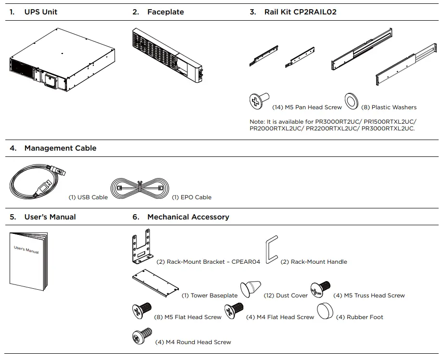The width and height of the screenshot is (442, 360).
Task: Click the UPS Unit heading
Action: click(x=40, y=12)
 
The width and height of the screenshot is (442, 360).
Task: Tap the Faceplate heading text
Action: click(x=165, y=12)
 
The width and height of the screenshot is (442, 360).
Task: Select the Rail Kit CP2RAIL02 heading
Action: click(x=300, y=12)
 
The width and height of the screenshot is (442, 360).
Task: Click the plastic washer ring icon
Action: click(x=351, y=100)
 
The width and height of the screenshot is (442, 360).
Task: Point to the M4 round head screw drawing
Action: click(x=142, y=335)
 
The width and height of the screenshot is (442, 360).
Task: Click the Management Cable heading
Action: click(x=60, y=148)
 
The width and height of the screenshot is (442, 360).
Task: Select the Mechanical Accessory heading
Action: click(x=188, y=217)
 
